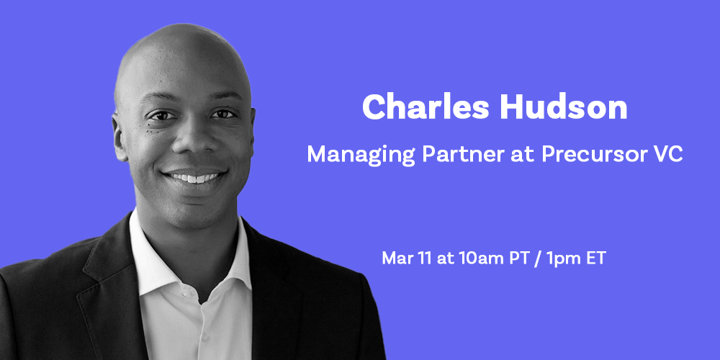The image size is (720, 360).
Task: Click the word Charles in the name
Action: (x=426, y=107)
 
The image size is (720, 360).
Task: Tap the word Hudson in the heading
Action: (x=564, y=107)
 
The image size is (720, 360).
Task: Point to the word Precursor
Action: (x=595, y=155)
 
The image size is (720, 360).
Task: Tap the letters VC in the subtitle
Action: (x=669, y=154)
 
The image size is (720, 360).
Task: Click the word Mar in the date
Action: (x=397, y=258)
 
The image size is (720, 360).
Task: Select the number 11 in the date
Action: (x=425, y=258)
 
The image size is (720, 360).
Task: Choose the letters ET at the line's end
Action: (x=595, y=258)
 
